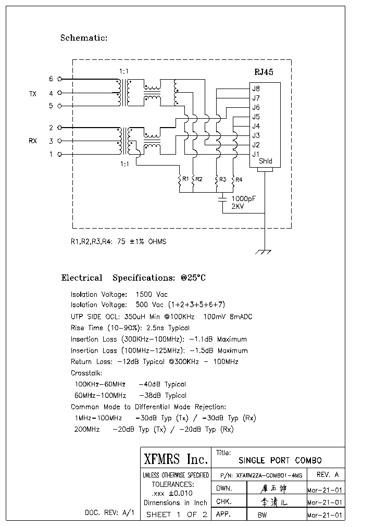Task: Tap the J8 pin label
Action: pyautogui.click(x=256, y=88)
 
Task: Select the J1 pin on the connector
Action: pyautogui.click(x=256, y=154)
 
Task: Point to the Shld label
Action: pyautogui.click(x=265, y=161)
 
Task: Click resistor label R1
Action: pyautogui.click(x=184, y=179)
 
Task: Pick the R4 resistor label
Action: pyautogui.click(x=239, y=180)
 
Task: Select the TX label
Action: pyautogui.click(x=33, y=94)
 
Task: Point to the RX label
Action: pyautogui.click(x=33, y=141)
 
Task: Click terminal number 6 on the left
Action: pyautogui.click(x=51, y=79)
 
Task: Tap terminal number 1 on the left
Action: pyautogui.click(x=51, y=154)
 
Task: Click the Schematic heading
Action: pyautogui.click(x=84, y=37)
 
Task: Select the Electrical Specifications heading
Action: pyautogui.click(x=133, y=278)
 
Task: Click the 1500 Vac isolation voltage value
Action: pyautogui.click(x=152, y=294)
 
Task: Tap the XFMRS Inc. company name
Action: pyautogui.click(x=176, y=459)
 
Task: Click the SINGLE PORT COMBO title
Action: pyautogui.click(x=280, y=460)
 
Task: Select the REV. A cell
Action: pyautogui.click(x=327, y=475)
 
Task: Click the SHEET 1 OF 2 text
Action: pyautogui.click(x=177, y=515)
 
